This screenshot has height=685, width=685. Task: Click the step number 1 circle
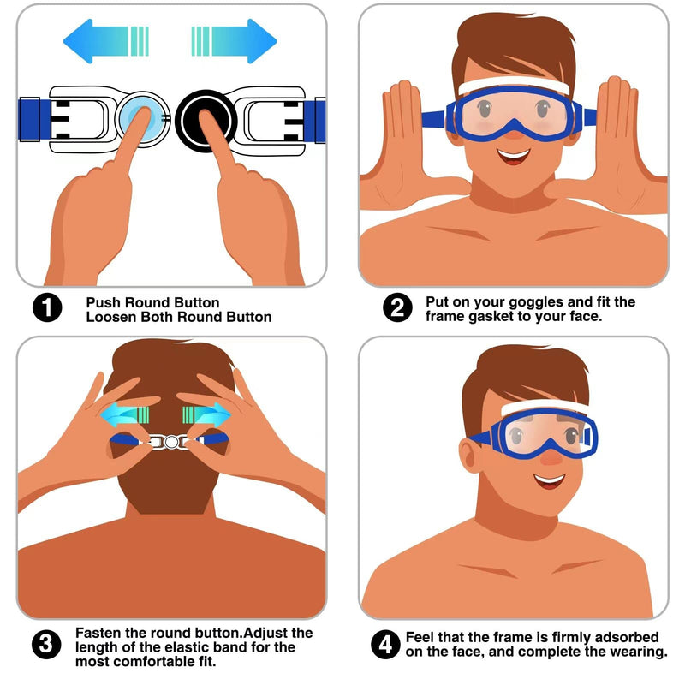47,309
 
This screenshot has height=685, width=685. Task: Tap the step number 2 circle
396,307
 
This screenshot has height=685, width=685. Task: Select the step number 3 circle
46,646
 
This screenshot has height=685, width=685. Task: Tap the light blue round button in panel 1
136,116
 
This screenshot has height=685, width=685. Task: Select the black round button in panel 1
205,118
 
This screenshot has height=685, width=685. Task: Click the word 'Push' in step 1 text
104,302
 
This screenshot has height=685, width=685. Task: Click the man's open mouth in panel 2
514,156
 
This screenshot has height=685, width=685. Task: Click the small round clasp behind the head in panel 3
171,441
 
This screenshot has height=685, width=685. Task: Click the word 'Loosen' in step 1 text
110,317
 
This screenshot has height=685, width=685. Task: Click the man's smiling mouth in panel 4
549,481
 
